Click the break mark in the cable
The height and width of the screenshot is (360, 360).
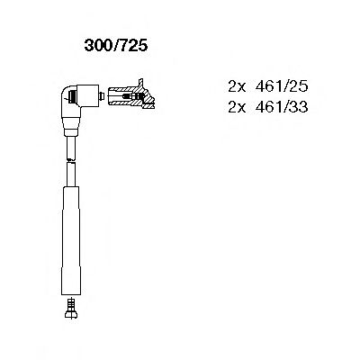(x=69, y=158)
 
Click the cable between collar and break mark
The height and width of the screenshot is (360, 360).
(x=69, y=146)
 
